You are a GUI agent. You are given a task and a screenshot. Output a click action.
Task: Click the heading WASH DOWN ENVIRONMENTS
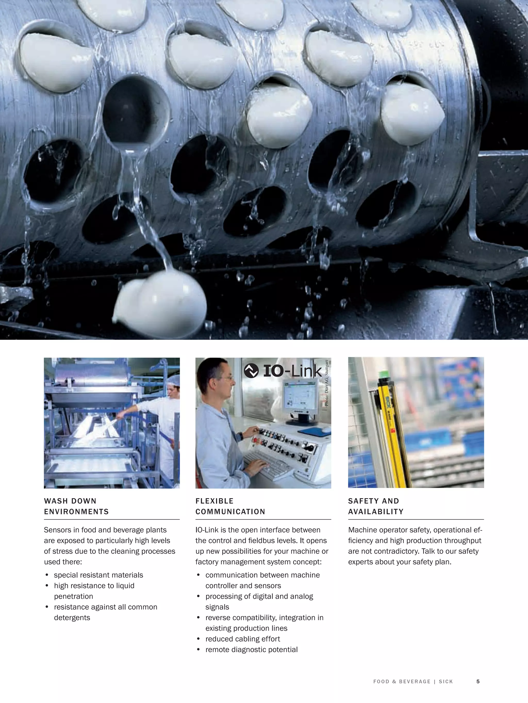(76, 506)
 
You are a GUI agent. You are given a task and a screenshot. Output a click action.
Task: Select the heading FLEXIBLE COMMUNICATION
(230, 506)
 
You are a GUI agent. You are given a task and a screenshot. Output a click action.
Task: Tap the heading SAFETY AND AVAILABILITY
(376, 506)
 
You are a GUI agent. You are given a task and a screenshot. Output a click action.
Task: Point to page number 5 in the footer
(478, 681)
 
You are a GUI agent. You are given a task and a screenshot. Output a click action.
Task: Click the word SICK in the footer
(446, 681)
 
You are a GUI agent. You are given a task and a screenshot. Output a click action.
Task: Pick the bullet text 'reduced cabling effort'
(243, 639)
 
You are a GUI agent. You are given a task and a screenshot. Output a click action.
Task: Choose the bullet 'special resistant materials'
(98, 575)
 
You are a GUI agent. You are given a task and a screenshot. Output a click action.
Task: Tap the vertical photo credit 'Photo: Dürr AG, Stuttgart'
(327, 383)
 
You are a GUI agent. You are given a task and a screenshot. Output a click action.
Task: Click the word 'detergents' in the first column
(72, 618)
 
